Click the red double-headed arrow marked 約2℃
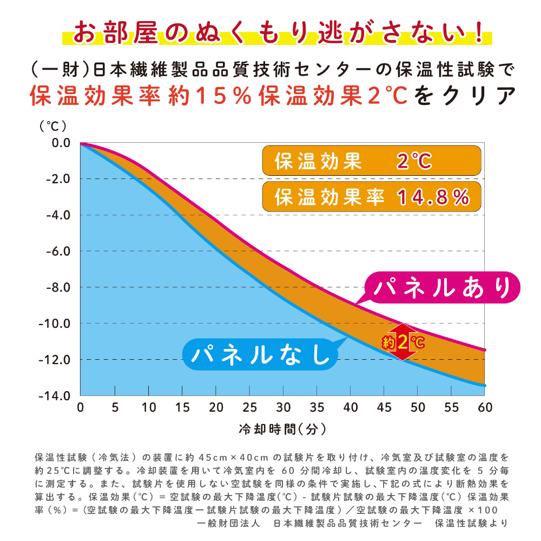pos(403,342)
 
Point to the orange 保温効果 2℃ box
pos(371,161)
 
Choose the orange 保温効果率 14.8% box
pos(371,196)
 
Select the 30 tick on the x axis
pos(283,407)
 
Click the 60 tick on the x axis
pos(485,407)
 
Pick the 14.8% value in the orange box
pos(433,197)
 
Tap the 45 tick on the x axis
pos(384,407)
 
